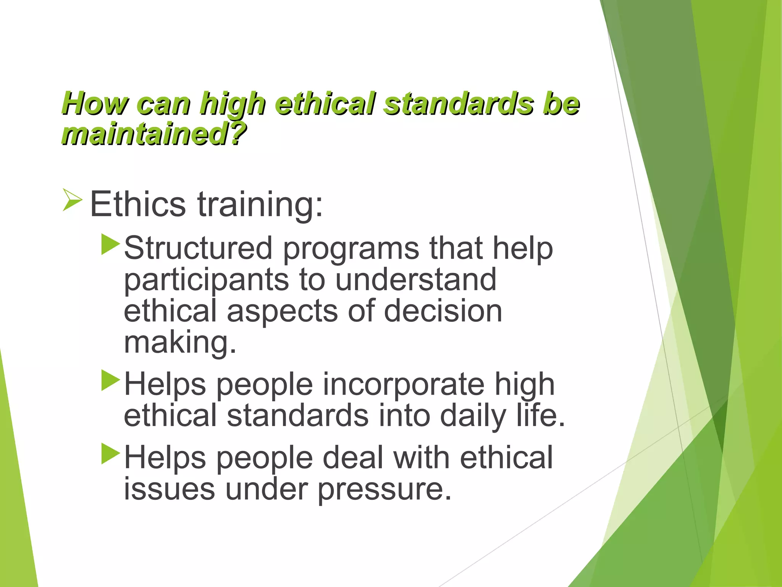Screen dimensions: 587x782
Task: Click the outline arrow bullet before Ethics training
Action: click(72, 199)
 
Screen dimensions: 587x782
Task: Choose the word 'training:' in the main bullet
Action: click(260, 205)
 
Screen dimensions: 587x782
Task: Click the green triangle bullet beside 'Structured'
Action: click(111, 245)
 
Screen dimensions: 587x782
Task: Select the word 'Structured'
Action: click(198, 248)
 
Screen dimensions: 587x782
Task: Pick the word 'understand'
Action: click(416, 280)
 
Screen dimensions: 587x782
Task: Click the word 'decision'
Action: click(443, 311)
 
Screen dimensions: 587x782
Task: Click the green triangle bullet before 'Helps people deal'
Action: click(111, 454)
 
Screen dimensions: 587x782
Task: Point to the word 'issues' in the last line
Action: click(170, 489)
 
